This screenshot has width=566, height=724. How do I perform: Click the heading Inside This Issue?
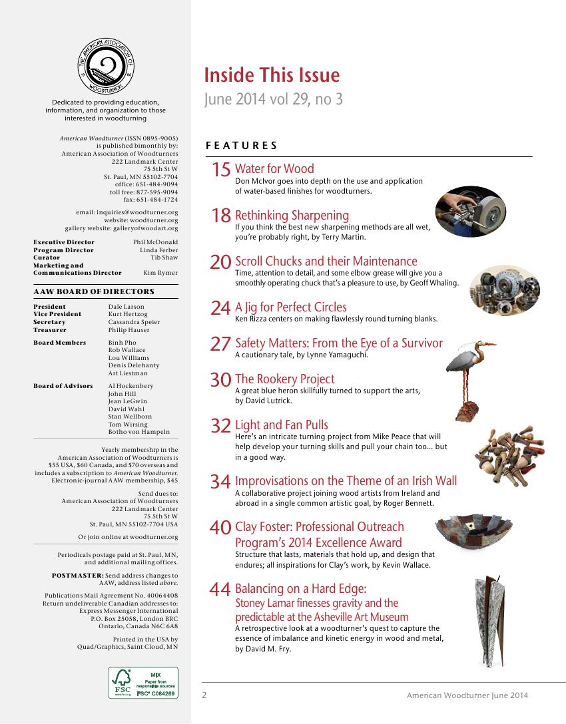pos(272,75)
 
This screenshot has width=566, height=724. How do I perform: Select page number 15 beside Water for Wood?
pos(220,170)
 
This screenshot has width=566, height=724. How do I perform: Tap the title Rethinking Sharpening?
pos(292,215)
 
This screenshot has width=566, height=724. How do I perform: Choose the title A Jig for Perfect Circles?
pos(291,307)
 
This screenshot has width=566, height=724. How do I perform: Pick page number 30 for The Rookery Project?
pos(220,380)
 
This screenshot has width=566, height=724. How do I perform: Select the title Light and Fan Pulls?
pos(282,425)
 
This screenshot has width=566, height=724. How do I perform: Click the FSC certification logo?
pos(143,683)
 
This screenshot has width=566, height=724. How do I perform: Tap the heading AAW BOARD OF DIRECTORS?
pos(94,291)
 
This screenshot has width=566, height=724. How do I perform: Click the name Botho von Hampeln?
pos(139,432)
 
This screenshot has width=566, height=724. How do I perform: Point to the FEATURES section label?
pos(242,145)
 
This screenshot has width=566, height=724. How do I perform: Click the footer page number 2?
pos(205,695)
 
